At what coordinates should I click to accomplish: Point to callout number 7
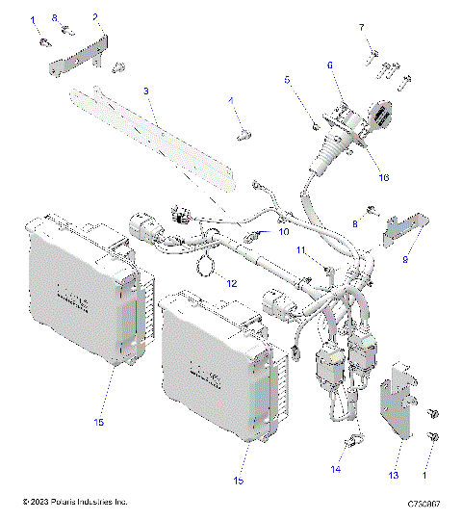point(362,27)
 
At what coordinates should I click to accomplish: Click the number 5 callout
point(288,84)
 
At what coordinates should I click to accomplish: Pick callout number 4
point(230,100)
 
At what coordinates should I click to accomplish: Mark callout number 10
point(284,231)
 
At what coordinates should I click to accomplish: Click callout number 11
point(300,250)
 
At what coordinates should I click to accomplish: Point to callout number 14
point(336,469)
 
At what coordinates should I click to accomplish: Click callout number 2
point(95,17)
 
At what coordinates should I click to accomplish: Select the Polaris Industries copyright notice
point(75,503)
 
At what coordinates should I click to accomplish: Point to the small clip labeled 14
point(351,443)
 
